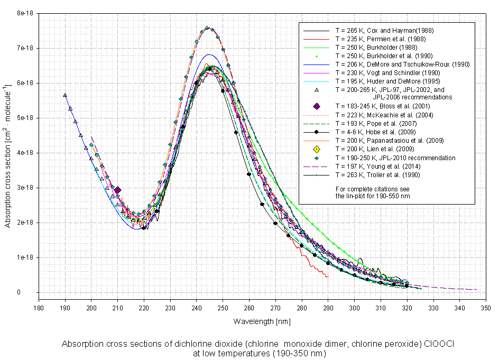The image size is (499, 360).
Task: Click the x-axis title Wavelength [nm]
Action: click(x=262, y=321)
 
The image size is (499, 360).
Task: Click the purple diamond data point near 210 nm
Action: click(x=117, y=190)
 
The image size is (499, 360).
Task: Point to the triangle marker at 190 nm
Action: click(x=64, y=95)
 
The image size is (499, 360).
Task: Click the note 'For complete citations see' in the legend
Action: click(x=373, y=189)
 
